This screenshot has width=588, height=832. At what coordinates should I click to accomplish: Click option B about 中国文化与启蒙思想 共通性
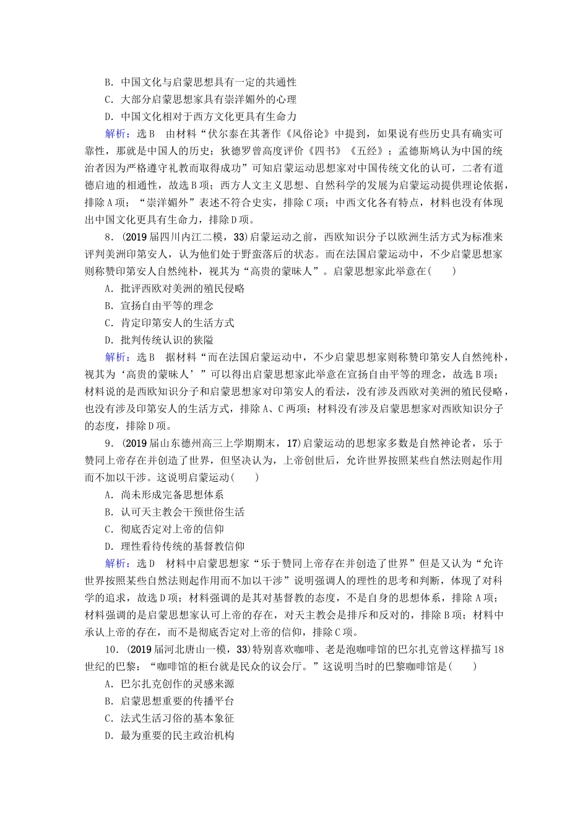point(200,82)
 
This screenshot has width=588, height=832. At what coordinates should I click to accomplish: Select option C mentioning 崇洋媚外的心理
point(200,99)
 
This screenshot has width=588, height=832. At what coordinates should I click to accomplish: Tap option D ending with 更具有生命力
point(200,116)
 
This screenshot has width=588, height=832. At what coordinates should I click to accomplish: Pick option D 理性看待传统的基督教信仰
point(175,547)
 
